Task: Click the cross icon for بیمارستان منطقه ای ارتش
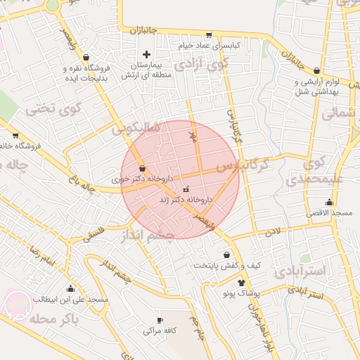[x=146, y=54]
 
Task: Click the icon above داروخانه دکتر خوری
[x=143, y=169]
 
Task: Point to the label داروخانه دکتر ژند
[x=186, y=200]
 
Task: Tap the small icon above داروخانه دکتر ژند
[x=186, y=190]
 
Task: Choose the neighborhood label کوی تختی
[x=54, y=109]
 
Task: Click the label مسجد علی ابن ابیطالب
[x=70, y=299]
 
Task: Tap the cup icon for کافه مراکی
[x=160, y=320]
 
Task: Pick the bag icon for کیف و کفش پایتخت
[x=226, y=255]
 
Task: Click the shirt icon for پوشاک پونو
[x=242, y=282]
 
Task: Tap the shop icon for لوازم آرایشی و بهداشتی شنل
[x=317, y=71]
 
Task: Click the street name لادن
[x=272, y=231]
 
